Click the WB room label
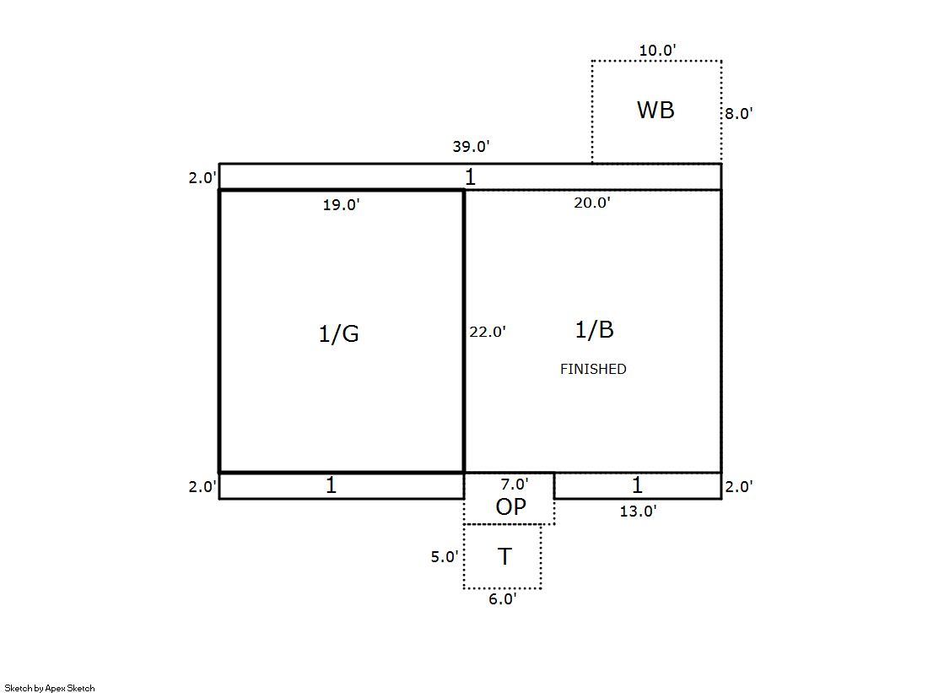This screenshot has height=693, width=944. tap(655, 111)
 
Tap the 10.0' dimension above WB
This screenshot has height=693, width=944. tap(657, 51)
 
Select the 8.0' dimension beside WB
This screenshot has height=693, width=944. tap(739, 114)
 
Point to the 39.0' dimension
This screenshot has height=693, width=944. tap(472, 146)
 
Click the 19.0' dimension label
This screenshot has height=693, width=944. tap(342, 205)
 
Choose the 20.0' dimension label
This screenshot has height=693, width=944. tap(592, 203)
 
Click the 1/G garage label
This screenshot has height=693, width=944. tap(339, 334)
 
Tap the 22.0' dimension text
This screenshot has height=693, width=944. tap(488, 332)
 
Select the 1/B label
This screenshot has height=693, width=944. tap(594, 330)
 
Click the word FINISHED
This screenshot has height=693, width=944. tap(593, 369)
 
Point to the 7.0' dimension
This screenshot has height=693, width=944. tap(515, 484)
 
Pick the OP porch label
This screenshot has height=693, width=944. tap(511, 506)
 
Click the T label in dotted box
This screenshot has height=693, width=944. tap(505, 556)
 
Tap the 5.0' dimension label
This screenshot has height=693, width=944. tap(445, 557)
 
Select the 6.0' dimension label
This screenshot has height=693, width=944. tap(503, 599)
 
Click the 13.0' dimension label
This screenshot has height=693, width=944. tap(638, 511)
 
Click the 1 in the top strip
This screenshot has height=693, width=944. tap(471, 177)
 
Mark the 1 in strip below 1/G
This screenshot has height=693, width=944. tap(331, 485)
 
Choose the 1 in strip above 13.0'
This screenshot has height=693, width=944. tap(637, 485)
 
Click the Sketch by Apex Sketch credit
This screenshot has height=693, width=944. tap(50, 688)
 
